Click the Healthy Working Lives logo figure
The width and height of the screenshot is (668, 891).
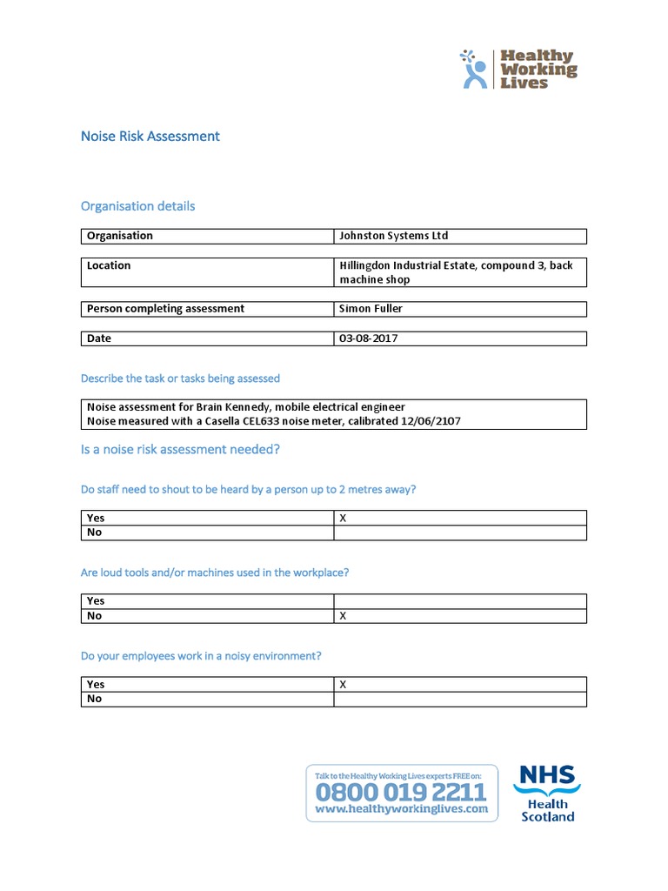(474, 70)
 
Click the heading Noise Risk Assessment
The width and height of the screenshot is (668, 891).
(150, 137)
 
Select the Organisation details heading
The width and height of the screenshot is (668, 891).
(137, 206)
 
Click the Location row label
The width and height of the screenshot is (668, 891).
(109, 265)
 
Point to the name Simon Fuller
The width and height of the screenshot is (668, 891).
(371, 309)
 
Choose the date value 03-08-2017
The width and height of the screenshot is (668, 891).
(368, 338)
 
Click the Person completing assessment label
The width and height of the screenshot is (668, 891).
(165, 309)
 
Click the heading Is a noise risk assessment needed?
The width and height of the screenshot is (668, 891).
(180, 450)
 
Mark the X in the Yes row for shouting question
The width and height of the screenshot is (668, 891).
(343, 518)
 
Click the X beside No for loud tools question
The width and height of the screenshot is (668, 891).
(343, 616)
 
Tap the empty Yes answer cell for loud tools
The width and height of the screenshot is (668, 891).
(459, 601)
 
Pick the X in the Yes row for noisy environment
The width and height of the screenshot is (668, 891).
(343, 685)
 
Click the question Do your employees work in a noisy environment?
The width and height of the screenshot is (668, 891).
(207, 656)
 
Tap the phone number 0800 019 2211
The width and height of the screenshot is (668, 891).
(401, 792)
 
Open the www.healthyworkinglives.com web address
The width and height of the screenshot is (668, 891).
(401, 809)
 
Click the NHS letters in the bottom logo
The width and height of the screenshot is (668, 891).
(547, 776)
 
